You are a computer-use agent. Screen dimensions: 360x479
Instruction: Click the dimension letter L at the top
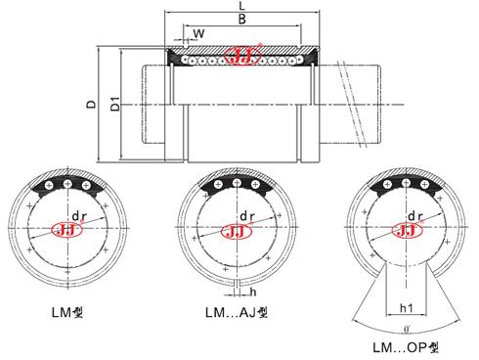coord(241,7)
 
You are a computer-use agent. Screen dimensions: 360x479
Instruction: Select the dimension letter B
coord(241,20)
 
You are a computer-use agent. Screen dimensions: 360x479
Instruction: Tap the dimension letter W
coord(199,33)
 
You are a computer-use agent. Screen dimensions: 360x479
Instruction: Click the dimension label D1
coord(114,103)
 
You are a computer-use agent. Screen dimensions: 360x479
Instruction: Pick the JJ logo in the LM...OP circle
coord(405,231)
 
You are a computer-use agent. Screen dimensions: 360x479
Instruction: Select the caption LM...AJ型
coord(236,314)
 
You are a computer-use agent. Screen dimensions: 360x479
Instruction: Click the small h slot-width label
coord(253,291)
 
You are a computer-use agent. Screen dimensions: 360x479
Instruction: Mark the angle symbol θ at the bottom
coord(405,332)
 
